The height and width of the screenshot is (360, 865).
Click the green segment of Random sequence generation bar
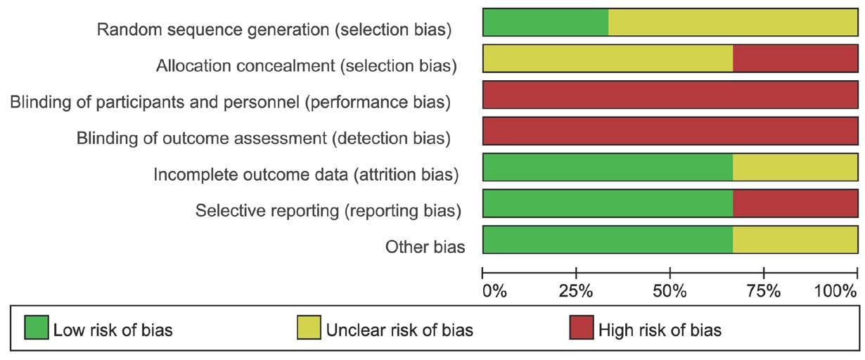(545, 22)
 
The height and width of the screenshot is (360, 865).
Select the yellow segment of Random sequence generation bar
(733, 22)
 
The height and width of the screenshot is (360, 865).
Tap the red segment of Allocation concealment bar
(795, 58)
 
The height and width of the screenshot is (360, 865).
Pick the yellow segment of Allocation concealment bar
(608, 58)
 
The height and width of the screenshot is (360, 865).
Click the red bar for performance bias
(670, 95)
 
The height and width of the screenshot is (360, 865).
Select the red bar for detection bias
(670, 131)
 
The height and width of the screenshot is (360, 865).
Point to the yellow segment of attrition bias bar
(795, 167)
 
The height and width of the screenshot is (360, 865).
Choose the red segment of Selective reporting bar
(795, 204)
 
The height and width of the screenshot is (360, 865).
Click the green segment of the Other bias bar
(608, 240)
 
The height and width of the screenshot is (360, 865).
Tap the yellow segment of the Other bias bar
(795, 240)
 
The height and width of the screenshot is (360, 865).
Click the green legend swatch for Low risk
(36, 328)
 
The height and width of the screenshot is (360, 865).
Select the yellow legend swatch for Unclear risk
(308, 328)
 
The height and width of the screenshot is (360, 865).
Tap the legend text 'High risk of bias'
(659, 329)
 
